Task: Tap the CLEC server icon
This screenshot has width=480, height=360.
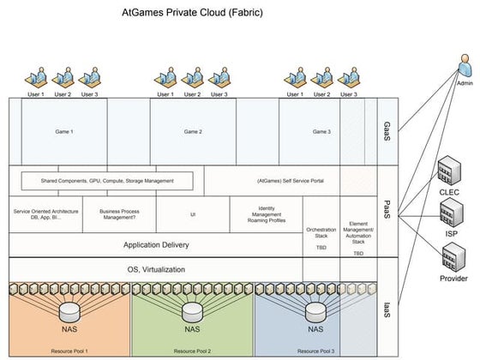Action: pyautogui.click(x=448, y=171)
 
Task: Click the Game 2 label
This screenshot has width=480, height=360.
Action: pyautogui.click(x=193, y=132)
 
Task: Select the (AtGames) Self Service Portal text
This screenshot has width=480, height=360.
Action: pyautogui.click(x=289, y=181)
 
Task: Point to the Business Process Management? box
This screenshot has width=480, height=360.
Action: pyautogui.click(x=119, y=213)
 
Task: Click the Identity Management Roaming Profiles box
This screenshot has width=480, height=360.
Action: pyautogui.click(x=266, y=213)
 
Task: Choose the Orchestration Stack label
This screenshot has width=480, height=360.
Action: pyautogui.click(x=321, y=230)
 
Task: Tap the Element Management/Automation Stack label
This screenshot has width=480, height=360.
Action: pyautogui.click(x=358, y=231)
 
